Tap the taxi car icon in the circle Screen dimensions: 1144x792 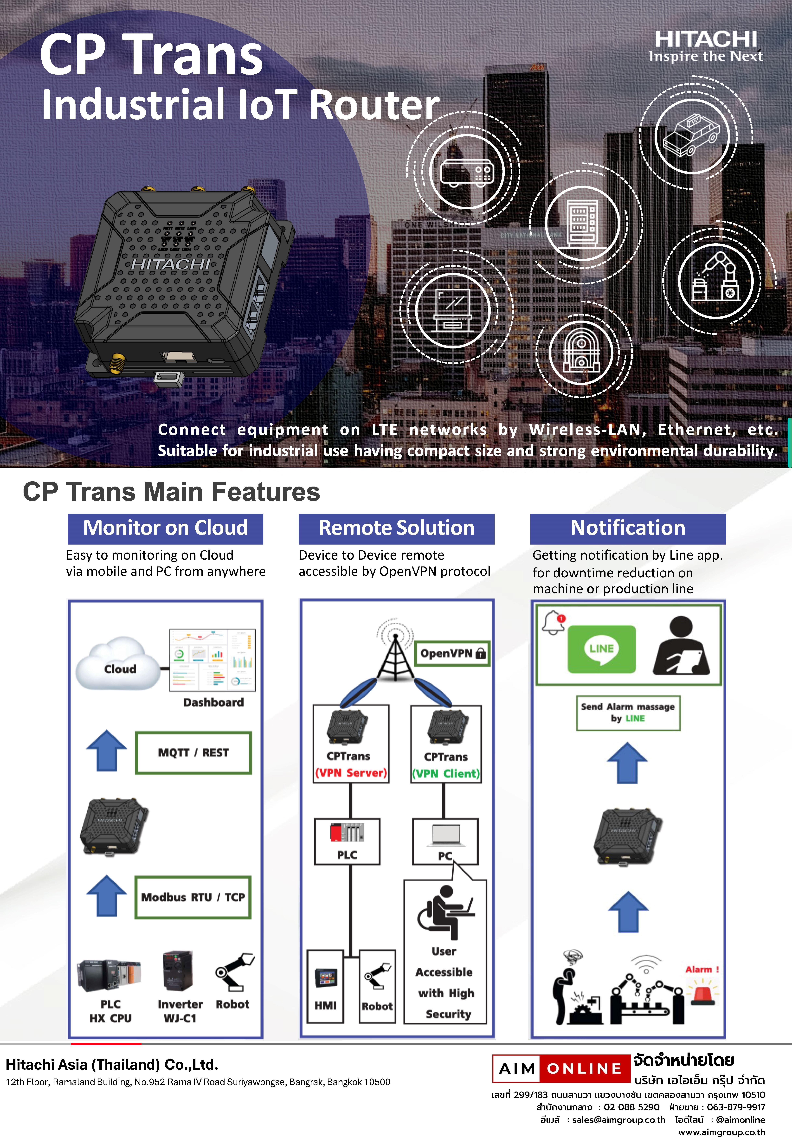[692, 135]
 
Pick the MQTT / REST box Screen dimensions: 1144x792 [193, 753]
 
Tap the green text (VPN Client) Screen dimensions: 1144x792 [446, 773]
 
